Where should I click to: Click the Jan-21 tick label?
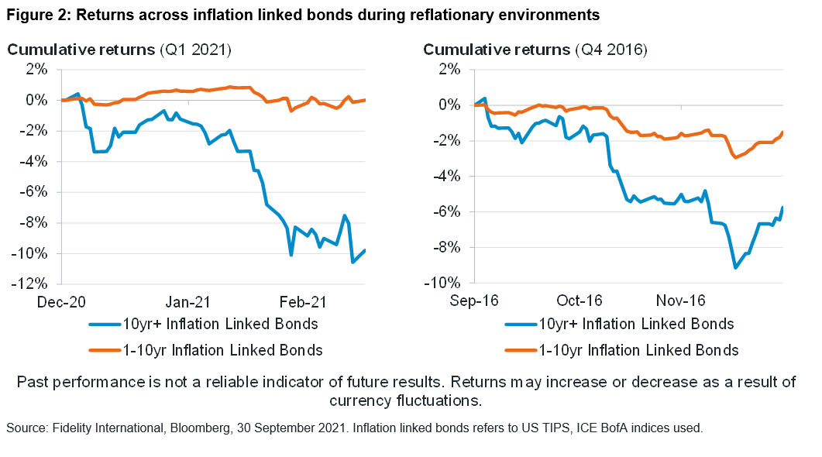[x=189, y=301]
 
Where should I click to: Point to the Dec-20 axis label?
[x=61, y=301]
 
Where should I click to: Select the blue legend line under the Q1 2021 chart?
[x=105, y=324]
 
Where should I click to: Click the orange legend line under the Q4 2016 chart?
[x=521, y=350]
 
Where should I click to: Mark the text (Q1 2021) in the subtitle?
[x=195, y=50]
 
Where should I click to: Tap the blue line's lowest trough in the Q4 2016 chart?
[x=735, y=267]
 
